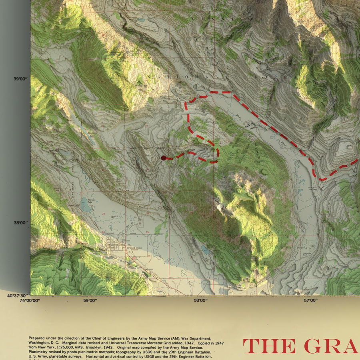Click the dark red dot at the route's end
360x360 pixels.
(163, 158)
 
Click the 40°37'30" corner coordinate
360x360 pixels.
(17, 296)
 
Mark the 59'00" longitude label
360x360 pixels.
(90, 300)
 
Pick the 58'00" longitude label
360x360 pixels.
(200, 300)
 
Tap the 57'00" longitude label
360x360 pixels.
(311, 300)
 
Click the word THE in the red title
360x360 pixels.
(270, 346)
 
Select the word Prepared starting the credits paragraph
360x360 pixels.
(38, 338)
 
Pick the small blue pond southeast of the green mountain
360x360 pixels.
(205, 250)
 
